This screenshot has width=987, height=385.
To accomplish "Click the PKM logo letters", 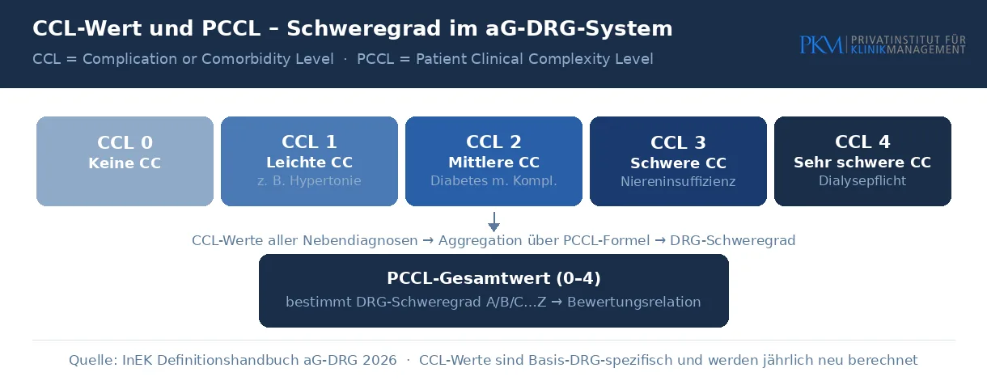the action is point(821,45).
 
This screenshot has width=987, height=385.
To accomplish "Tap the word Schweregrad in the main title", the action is point(363,28).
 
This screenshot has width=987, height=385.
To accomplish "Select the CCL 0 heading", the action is point(125,142).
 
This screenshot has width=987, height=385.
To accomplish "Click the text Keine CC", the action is point(125,163).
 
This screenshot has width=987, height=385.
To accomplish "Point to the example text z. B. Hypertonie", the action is point(309,181).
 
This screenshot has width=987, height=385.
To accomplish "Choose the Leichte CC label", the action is point(309,163).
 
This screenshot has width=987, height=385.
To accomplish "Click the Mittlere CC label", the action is point(494,163).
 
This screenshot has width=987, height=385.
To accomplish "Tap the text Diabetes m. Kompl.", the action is point(494,181).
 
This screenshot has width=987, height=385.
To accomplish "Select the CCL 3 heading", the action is point(678,142).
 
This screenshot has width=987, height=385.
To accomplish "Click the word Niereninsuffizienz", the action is point(678,182).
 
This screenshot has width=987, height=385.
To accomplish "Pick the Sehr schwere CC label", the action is point(862,163).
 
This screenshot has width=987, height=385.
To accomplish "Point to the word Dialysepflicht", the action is point(862,181).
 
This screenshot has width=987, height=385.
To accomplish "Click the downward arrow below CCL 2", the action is point(494,222).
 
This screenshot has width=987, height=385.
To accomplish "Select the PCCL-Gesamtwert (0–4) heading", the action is point(494,278).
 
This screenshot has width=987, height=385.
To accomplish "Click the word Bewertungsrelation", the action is point(634,302).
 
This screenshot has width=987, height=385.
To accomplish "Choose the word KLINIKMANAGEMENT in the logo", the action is point(909,50).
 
